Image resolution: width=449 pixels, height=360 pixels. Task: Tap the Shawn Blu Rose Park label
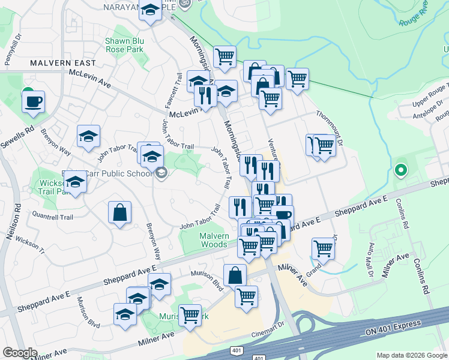coord(124,44)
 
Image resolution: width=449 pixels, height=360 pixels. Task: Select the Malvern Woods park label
coord(214,240)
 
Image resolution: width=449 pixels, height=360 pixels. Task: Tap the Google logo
coord(20,353)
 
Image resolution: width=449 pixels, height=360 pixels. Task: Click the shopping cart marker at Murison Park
coord(190,314)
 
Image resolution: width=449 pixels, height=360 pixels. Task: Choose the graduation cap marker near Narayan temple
coord(150,10)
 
